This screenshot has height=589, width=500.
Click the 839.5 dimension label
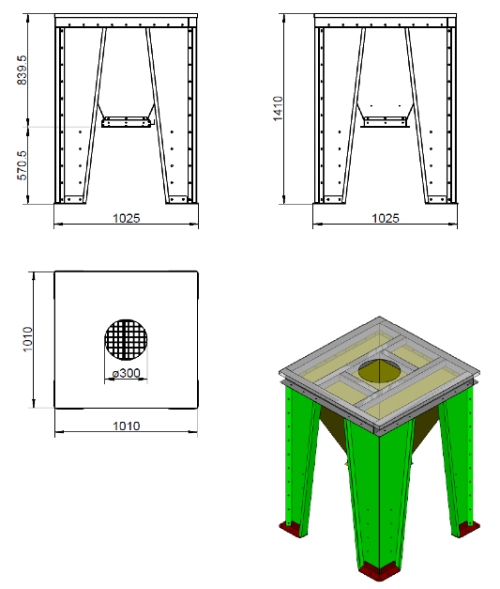tap(22, 70)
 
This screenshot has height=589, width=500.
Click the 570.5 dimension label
tap(22, 165)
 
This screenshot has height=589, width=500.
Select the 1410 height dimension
tap(278, 109)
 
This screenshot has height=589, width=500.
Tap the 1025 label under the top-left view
tap(127, 218)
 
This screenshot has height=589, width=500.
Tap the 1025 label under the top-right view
tap(386, 218)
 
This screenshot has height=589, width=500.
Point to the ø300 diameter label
tap(127, 373)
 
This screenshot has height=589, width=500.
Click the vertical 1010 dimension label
tap(28, 339)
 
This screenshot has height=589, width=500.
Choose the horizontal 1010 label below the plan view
tap(127, 426)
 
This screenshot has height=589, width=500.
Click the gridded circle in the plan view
tap(126, 339)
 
